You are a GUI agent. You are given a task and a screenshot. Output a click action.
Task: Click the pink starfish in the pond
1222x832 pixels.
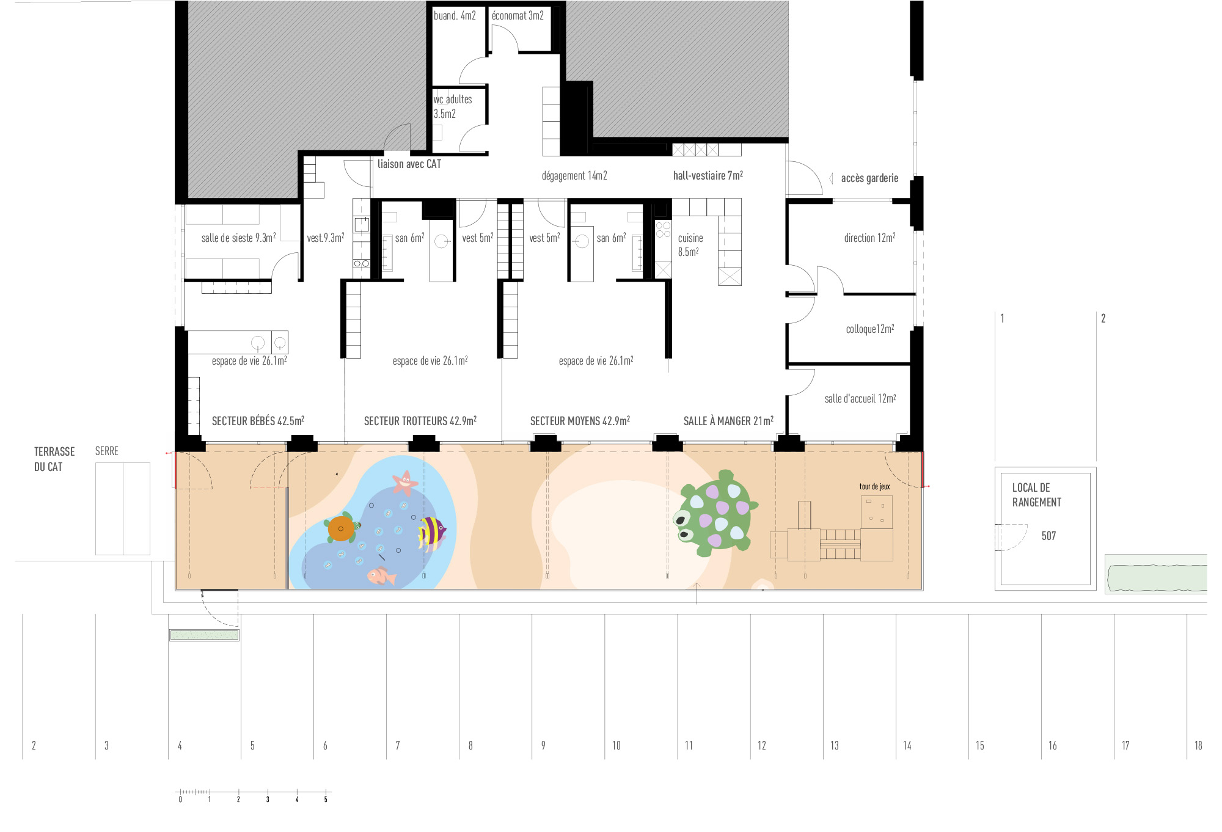(x=404, y=483)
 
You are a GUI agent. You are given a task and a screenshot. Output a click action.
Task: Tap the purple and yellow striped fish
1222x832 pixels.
(x=432, y=531)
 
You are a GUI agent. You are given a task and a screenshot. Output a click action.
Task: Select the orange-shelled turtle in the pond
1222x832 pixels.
(x=342, y=528)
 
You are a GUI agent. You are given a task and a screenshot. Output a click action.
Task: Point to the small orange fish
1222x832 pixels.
(x=381, y=575)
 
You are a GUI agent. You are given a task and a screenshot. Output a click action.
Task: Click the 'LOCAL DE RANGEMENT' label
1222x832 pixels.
(x=1037, y=495)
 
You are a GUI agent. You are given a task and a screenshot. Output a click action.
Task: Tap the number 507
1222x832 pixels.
(x=1048, y=536)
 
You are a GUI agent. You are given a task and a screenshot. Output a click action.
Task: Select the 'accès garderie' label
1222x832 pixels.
(x=869, y=178)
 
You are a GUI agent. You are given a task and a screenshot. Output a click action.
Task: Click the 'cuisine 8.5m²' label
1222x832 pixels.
(x=690, y=244)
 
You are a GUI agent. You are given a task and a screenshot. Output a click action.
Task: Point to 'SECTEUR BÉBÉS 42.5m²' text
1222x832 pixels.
(x=258, y=421)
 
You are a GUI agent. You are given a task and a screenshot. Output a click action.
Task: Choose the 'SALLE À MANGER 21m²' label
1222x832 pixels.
(x=728, y=421)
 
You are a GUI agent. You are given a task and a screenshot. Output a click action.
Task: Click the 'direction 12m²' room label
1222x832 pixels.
(x=869, y=238)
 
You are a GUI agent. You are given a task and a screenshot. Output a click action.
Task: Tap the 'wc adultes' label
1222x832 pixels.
(x=453, y=100)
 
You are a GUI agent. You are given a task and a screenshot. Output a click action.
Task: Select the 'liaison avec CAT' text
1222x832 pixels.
(x=409, y=164)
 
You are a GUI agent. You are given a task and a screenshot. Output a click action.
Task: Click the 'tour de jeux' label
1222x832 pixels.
(x=874, y=486)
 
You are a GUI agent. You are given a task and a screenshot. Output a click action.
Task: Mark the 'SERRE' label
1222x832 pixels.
(x=107, y=451)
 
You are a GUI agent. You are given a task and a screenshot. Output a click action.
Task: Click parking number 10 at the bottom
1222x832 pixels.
(x=616, y=745)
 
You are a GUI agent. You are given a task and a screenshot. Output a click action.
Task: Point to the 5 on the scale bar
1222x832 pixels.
(x=326, y=800)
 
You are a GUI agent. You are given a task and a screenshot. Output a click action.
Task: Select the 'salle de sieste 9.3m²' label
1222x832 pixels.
(x=238, y=238)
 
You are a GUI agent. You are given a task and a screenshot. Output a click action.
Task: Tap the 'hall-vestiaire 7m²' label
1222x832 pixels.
(x=708, y=175)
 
